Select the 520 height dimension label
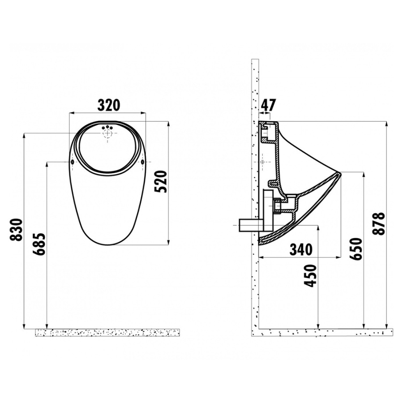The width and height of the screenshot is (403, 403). tap(162, 181)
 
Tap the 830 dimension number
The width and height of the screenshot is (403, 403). tap(16, 230)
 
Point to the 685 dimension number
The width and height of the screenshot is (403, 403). tap(39, 244)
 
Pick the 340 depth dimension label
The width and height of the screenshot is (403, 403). tap(301, 249)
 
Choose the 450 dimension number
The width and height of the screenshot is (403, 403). tap(310, 276)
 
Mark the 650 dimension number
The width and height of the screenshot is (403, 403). tap(357, 249)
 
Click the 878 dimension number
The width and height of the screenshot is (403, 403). tap(379, 223)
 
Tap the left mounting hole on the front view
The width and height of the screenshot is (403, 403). tap(72, 162)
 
